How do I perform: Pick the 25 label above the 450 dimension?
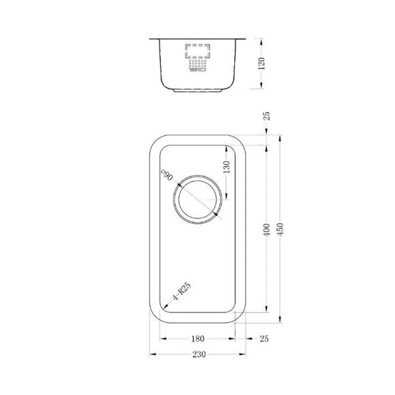point(267,117)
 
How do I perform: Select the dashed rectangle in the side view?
point(198,52)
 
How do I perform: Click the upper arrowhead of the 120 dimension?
point(262,40)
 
